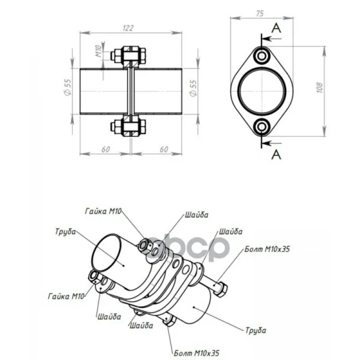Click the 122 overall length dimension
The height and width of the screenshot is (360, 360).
[x=128, y=28]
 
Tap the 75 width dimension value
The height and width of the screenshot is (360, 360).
[x=260, y=14]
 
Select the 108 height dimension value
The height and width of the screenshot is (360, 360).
[x=320, y=88]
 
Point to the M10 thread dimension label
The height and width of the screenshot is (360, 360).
[x=98, y=51]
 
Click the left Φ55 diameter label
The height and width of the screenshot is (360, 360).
[x=67, y=87]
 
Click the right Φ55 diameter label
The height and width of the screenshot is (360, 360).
[x=193, y=88]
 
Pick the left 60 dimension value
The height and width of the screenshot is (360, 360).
[x=106, y=149]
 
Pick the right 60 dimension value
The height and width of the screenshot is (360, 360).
[x=164, y=149]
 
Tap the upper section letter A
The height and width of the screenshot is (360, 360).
[x=276, y=28]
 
